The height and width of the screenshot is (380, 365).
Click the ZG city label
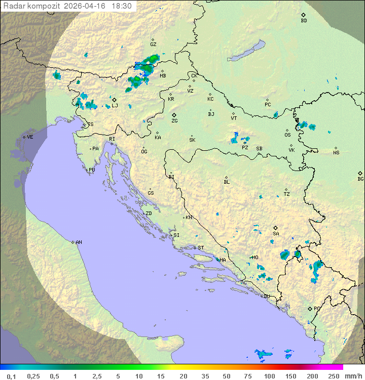[x=174, y=121]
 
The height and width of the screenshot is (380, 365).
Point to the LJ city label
[x=115, y=106]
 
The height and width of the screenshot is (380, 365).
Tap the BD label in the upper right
[x=304, y=21]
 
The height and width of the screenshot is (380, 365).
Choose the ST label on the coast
[x=201, y=248]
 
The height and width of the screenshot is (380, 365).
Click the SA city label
[x=276, y=234]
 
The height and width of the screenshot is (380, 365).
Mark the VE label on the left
[x=30, y=137]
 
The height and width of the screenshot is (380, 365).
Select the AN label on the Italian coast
[x=79, y=242]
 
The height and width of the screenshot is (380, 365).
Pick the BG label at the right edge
[x=360, y=179]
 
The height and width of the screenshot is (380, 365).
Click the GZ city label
[x=153, y=45]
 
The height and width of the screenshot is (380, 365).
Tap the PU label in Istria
[x=92, y=170]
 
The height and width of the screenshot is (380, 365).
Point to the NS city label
[x=336, y=153]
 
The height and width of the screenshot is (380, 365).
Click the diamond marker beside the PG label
[x=310, y=308]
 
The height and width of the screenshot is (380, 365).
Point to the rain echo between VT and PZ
[x=235, y=138]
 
